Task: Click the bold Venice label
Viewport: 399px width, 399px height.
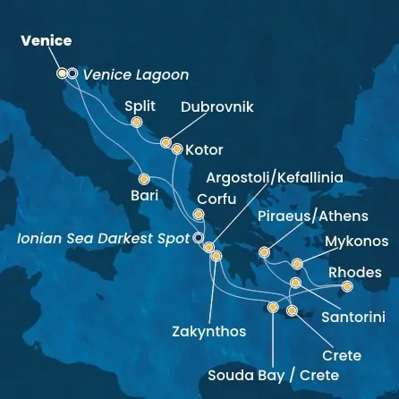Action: pos(46,41)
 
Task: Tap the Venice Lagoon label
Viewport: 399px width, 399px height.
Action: pos(136,75)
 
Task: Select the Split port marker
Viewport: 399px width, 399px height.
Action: pos(136,123)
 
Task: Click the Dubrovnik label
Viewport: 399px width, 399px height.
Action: pos(217,107)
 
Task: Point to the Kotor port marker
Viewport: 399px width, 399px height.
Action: pos(176,149)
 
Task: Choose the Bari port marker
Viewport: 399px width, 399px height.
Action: pos(143,176)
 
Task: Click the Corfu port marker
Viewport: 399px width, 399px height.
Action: pos(198,215)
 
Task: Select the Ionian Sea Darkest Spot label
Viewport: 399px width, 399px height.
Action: pos(105,239)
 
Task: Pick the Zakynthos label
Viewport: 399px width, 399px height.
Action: pos(208,332)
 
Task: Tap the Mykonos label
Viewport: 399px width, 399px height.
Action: pos(357,242)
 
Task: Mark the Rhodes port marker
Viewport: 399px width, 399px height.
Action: pos(346,286)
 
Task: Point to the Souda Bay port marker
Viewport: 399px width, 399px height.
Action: pos(273,308)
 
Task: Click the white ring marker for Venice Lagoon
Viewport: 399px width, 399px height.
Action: pos(72,74)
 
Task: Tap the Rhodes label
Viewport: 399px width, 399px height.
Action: pos(355,272)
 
